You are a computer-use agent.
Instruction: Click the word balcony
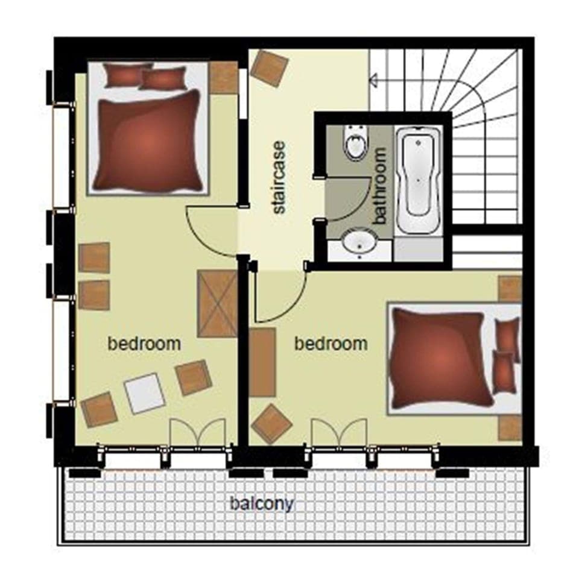pos(261,503)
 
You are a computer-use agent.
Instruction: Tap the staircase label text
pos(279,178)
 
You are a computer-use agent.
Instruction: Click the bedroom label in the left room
pos(144,344)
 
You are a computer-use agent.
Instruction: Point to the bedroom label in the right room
pos(331,344)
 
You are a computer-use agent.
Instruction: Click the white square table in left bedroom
pos(145,393)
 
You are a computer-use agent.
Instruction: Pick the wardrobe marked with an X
pos(217,303)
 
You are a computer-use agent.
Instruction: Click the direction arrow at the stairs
pos(374,79)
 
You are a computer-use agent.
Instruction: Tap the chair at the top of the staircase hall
pos(269,68)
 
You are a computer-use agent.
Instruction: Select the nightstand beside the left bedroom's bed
pos(223,77)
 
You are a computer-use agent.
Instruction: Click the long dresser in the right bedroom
pos(262,362)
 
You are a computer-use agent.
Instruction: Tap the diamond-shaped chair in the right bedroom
pos(272,424)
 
